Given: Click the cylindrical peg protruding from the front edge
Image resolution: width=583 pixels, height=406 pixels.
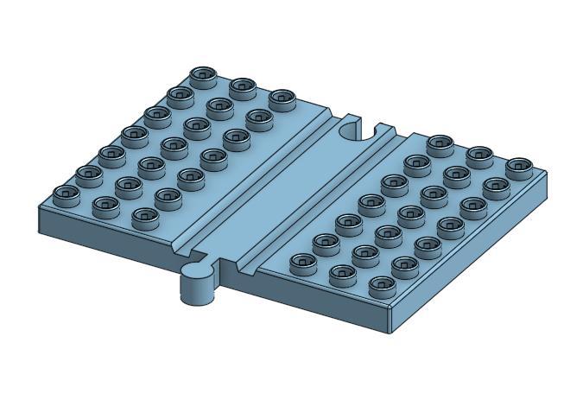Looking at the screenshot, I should pos(197,285).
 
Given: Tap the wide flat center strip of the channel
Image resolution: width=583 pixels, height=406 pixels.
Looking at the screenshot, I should pos(285,186).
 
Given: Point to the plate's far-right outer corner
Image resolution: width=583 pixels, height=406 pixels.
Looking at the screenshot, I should pos(546,176).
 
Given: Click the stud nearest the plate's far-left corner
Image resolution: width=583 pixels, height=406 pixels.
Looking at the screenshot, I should pos(66,195).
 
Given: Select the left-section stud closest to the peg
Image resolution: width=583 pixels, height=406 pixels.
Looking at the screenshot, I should pos(145,216).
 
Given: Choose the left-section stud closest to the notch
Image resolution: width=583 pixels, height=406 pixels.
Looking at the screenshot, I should pos(282,99).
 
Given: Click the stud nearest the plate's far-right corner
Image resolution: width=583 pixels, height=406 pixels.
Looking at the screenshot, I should pos(519,166).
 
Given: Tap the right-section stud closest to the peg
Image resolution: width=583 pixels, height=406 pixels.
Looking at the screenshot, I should pos(303,263).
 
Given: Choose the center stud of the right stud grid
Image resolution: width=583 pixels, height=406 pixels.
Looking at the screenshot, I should pos(411,213).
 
